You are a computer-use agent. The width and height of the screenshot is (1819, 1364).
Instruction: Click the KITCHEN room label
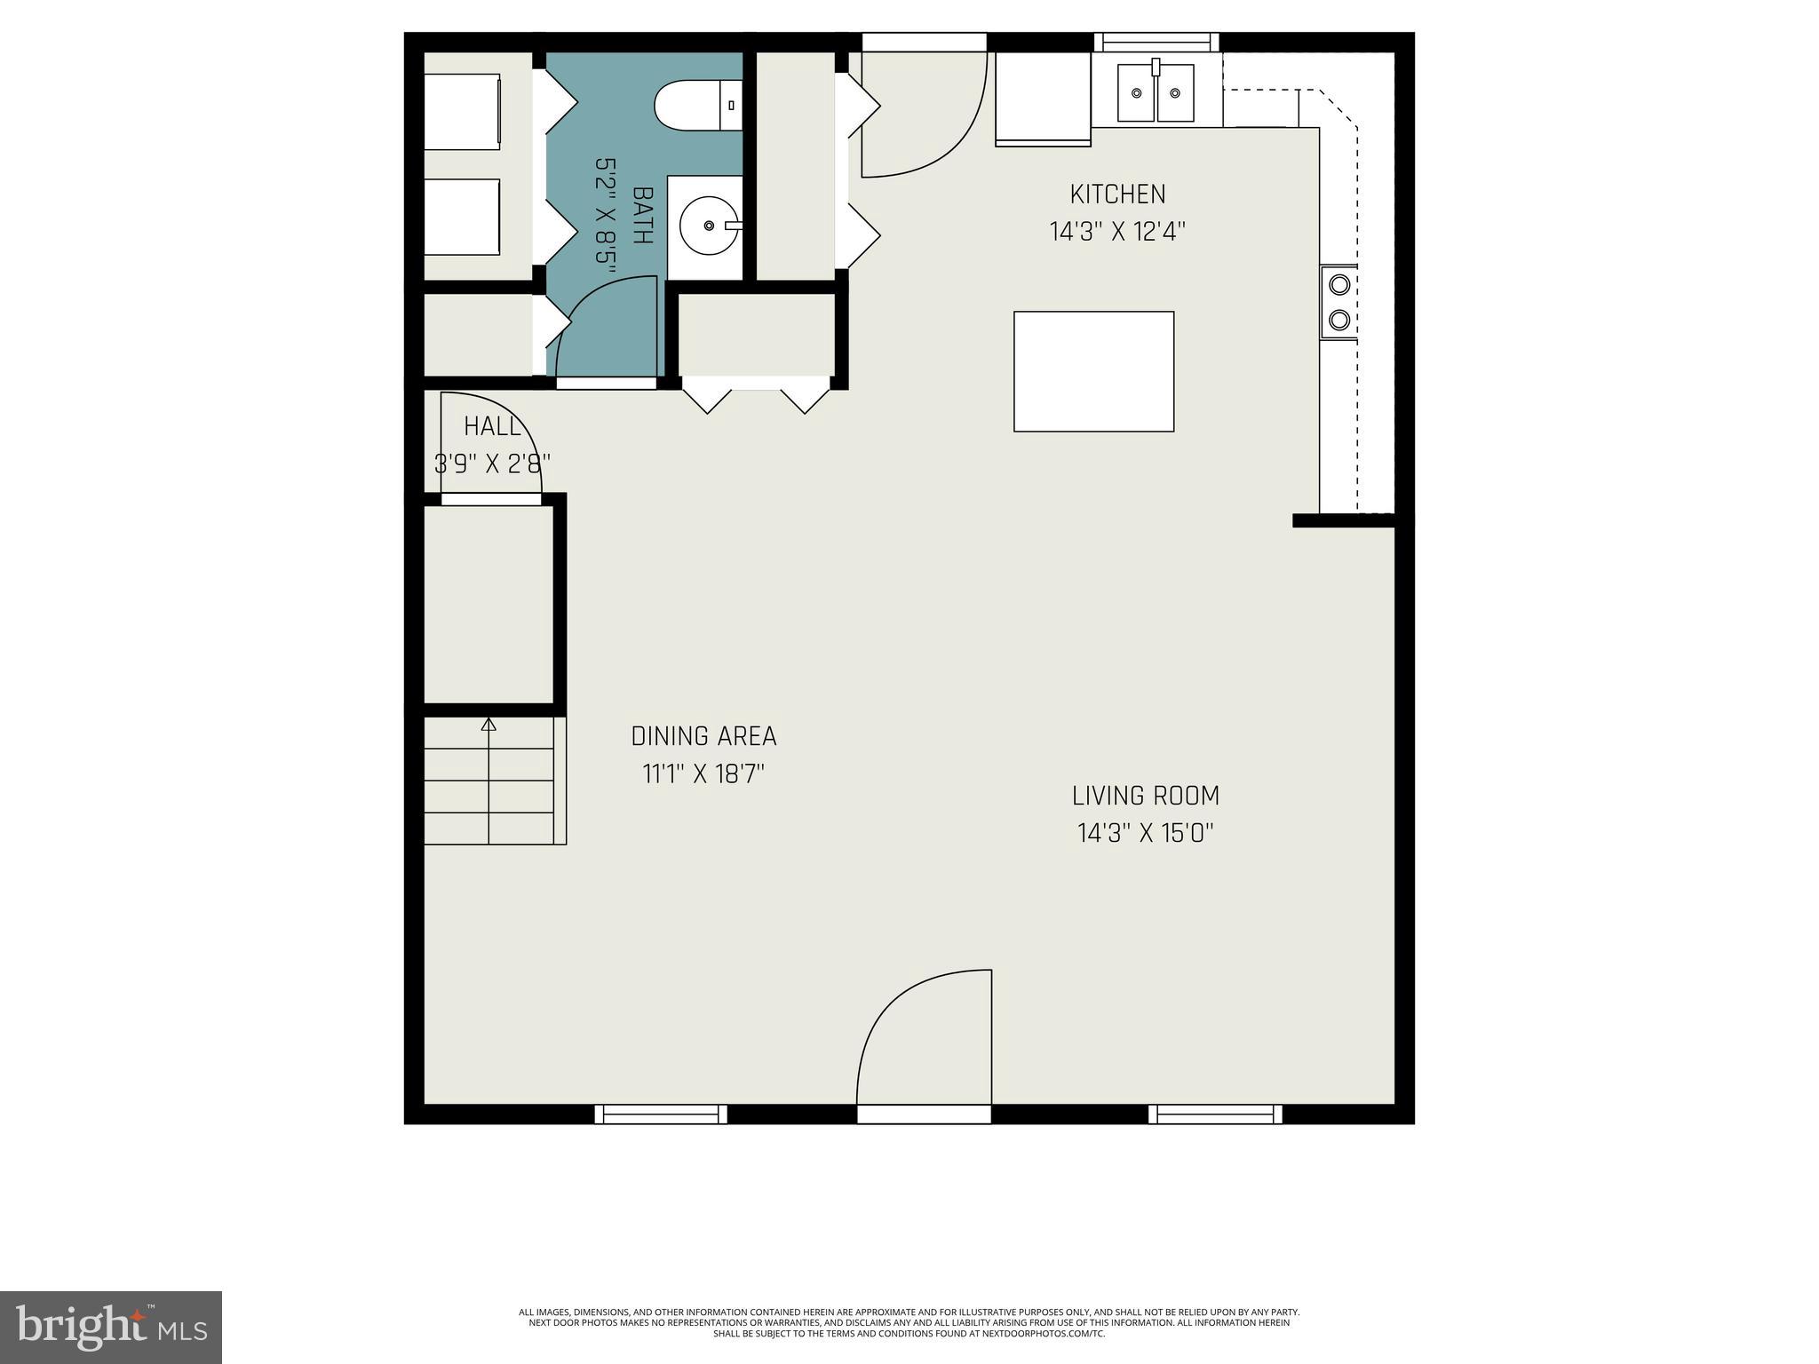[x=1117, y=194]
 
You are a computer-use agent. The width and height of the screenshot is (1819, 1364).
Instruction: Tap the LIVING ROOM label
[x=1145, y=796]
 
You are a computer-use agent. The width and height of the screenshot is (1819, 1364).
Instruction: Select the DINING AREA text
[x=703, y=736]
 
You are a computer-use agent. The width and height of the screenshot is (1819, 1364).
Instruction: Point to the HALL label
[x=492, y=426]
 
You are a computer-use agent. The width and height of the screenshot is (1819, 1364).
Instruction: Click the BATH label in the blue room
[x=641, y=215]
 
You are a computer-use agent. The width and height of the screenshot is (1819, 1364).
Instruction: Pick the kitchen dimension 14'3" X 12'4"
[x=1117, y=232]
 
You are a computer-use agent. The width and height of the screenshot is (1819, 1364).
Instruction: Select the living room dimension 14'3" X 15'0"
[x=1145, y=833]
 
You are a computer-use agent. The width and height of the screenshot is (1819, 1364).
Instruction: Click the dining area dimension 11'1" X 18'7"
[x=703, y=774]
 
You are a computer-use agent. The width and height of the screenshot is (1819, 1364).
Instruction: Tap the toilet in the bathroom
[x=697, y=106]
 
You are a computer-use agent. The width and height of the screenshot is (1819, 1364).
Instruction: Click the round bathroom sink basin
[x=708, y=226]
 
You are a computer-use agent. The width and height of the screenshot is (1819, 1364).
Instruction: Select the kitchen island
[x=1093, y=371]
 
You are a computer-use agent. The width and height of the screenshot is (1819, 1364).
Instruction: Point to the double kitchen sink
[x=1155, y=92]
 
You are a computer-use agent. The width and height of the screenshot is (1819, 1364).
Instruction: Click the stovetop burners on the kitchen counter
[x=1338, y=302]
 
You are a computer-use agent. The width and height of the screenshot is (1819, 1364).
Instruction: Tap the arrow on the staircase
[x=488, y=725]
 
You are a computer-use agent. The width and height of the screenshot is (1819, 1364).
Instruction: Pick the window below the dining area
[x=660, y=1114]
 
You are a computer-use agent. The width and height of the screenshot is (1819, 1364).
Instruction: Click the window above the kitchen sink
[x=1156, y=42]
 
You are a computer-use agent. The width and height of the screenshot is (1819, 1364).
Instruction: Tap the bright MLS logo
[x=111, y=1328]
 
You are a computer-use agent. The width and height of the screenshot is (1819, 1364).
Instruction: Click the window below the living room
[x=1214, y=1114]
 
